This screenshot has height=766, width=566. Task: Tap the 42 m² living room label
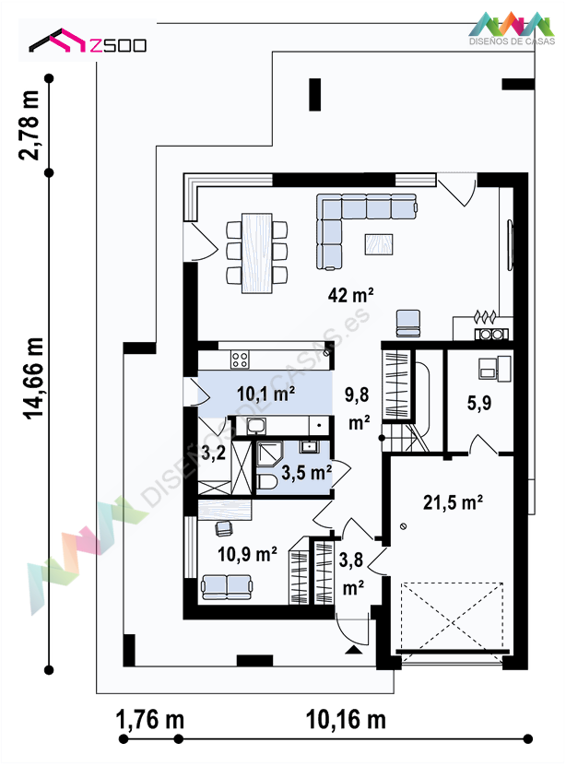point(350,295)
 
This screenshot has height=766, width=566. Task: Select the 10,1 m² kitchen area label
point(265,394)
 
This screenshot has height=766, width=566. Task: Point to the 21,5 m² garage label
point(453,502)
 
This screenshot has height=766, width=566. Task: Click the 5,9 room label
point(479,403)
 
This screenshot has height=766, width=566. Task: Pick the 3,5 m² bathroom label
point(307,472)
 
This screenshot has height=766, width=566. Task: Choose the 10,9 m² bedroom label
point(247,554)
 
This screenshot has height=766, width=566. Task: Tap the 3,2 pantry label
point(214,453)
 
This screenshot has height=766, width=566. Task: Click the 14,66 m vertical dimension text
point(33,378)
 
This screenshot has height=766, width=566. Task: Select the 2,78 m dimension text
point(29,125)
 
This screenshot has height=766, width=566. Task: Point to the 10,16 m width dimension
point(346,720)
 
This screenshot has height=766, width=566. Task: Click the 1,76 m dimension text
point(150,720)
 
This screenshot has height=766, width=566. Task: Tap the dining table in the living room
point(257,253)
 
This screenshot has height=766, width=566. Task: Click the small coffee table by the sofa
point(379,244)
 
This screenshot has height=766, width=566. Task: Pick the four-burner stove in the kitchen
point(240,359)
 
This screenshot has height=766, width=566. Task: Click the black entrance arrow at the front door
point(354,649)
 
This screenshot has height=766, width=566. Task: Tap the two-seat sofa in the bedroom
point(227,586)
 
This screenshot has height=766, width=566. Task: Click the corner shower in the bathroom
point(270,454)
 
